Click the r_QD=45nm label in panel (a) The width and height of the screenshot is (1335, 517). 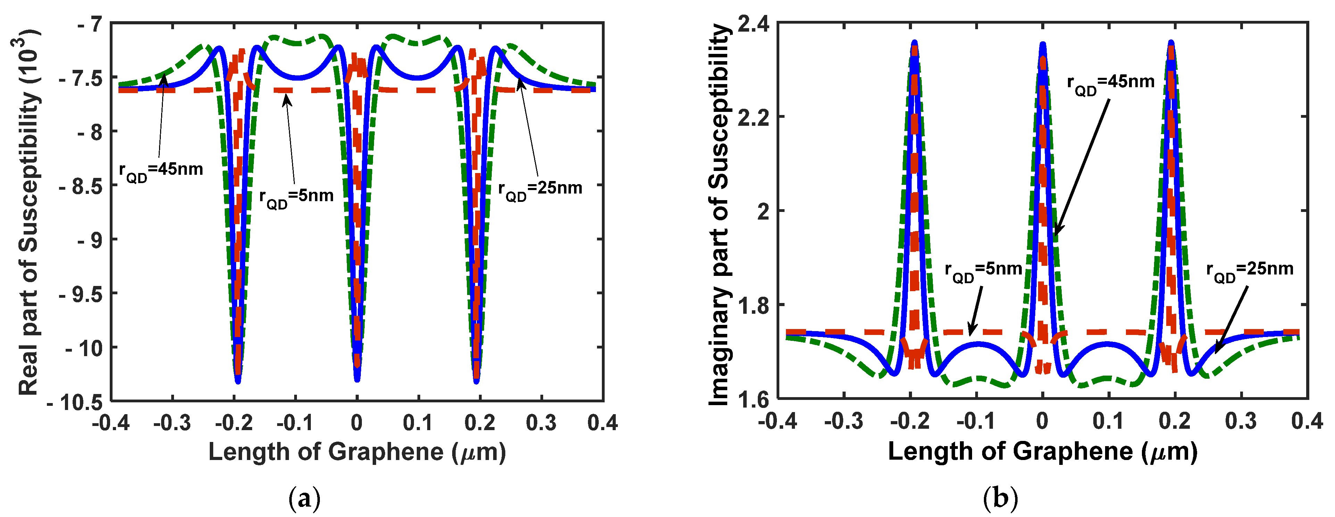click(161, 171)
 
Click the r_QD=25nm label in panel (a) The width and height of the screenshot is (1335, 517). click(540, 190)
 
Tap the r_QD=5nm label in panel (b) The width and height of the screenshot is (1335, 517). click(983, 271)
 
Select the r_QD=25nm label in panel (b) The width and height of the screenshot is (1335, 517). click(1250, 271)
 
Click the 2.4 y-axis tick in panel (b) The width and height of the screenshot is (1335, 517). click(753, 24)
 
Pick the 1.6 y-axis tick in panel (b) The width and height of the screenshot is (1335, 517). click(753, 400)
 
